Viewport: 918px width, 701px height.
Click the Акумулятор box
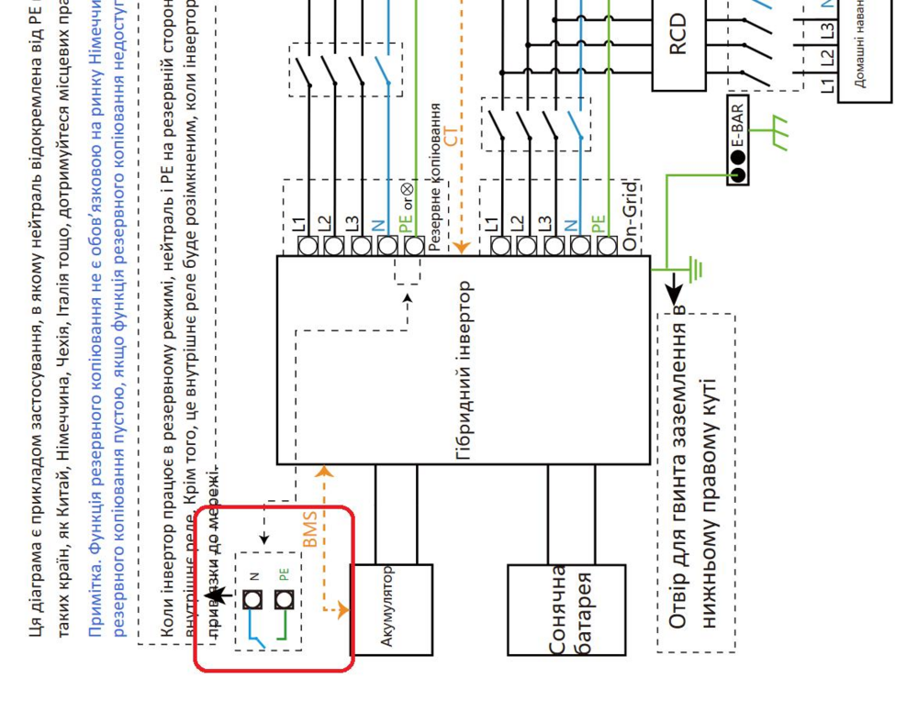[x=391, y=609]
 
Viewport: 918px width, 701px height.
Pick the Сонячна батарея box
[x=566, y=609]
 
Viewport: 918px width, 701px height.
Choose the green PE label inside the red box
[x=284, y=575]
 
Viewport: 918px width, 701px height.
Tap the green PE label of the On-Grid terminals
[x=599, y=223]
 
